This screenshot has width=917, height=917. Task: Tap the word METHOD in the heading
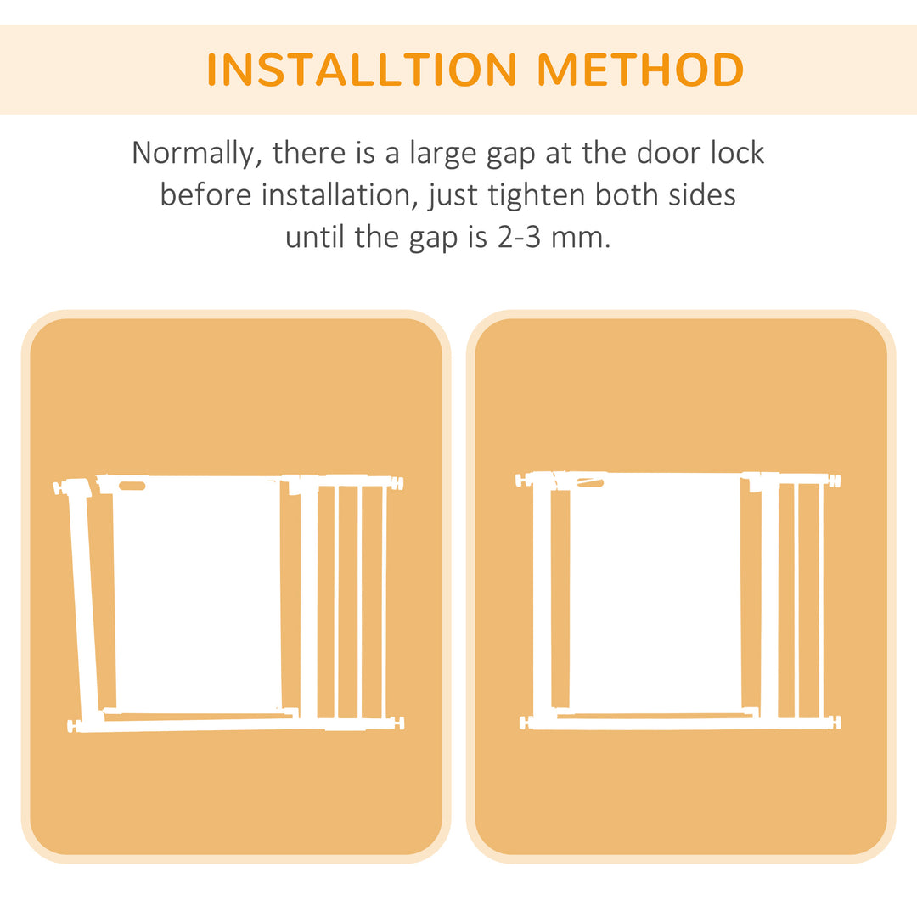click(x=641, y=70)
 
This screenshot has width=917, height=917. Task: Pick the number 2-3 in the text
click(x=515, y=237)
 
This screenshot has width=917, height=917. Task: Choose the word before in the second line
click(x=205, y=195)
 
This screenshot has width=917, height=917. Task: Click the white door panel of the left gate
click(x=197, y=594)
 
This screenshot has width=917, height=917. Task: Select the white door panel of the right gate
click(x=655, y=594)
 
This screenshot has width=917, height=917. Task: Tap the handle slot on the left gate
click(x=132, y=486)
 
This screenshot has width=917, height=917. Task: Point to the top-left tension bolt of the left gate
click(x=59, y=488)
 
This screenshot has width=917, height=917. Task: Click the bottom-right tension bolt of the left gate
click(x=398, y=723)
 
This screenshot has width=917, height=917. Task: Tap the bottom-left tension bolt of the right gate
click(x=525, y=723)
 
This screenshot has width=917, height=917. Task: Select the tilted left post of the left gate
click(x=84, y=603)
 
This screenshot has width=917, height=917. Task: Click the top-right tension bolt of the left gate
click(x=397, y=483)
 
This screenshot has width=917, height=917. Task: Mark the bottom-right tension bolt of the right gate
click(x=835, y=723)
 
